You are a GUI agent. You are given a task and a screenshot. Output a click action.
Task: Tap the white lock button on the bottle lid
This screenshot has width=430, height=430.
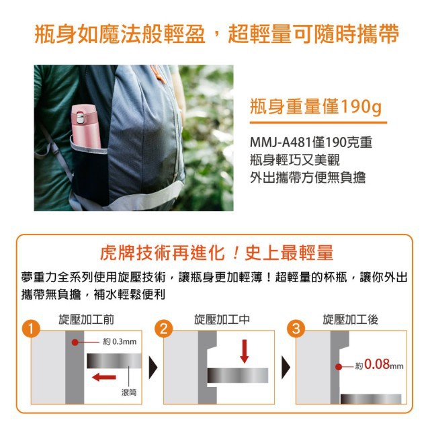click(80, 117)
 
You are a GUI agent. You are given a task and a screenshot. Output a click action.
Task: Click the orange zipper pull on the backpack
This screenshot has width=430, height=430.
click(159, 73)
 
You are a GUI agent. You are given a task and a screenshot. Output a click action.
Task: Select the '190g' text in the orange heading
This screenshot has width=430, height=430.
click(361, 107)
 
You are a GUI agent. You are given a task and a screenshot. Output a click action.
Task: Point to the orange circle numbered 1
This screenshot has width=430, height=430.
click(31, 329)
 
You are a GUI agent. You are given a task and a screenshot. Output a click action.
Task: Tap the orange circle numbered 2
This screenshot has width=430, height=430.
click(164, 329)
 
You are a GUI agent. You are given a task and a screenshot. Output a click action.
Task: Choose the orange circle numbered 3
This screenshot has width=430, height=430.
click(296, 329)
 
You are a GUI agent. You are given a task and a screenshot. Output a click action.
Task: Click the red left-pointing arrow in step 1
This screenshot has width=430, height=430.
click(104, 378)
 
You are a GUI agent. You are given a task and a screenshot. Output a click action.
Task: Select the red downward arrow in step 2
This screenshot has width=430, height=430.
click(244, 351)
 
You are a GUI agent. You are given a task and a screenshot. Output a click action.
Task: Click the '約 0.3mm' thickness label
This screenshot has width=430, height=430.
click(120, 342)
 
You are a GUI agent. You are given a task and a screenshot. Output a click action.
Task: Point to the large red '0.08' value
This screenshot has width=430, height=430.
click(377, 364)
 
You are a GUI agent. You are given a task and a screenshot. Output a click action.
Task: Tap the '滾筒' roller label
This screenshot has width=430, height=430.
click(129, 392)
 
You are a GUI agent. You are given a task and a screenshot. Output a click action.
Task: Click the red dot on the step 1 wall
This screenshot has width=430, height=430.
click(75, 342)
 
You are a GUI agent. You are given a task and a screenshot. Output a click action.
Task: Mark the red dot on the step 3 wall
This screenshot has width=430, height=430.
click(339, 367)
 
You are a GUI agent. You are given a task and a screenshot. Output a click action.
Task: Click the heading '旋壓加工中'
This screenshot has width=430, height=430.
click(222, 320)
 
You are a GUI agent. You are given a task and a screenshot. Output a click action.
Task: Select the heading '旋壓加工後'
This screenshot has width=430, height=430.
click(351, 320)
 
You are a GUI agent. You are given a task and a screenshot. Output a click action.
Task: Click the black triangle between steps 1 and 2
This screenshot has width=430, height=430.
click(153, 368)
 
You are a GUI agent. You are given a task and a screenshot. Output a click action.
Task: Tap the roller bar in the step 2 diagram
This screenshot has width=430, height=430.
click(238, 376)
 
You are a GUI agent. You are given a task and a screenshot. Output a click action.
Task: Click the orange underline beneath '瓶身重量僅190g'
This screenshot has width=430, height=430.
click(318, 122)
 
